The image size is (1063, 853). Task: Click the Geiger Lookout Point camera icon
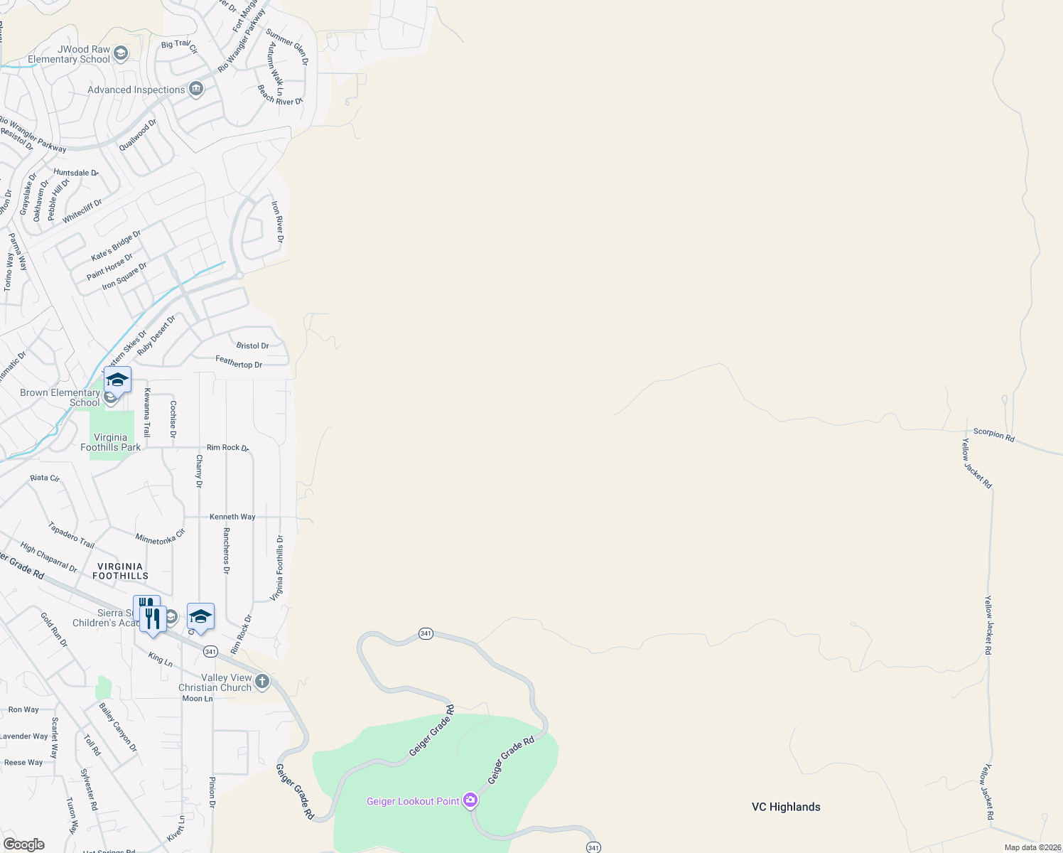click(x=470, y=800)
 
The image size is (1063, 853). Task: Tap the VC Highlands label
click(x=786, y=807)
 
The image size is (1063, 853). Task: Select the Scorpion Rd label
click(x=993, y=434)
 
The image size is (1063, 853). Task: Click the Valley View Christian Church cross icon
click(x=262, y=682)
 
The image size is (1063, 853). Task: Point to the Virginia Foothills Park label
click(x=111, y=442)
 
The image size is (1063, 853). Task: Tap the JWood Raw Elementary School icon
click(x=121, y=53)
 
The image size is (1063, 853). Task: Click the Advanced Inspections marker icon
click(x=196, y=90)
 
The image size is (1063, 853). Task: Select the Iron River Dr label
click(x=277, y=221)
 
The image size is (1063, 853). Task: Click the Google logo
click(x=24, y=844)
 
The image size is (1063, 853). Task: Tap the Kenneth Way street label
click(x=232, y=517)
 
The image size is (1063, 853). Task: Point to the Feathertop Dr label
click(x=239, y=363)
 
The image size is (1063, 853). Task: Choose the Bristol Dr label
click(x=252, y=345)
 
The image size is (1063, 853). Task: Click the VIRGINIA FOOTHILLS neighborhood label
click(x=120, y=572)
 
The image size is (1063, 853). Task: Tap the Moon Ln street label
click(x=198, y=699)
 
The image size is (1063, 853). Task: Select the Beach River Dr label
click(x=280, y=96)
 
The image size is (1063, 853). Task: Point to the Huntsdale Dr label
click(x=75, y=173)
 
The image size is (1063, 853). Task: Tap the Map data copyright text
click(x=1032, y=847)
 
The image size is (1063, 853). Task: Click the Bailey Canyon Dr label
click(x=118, y=727)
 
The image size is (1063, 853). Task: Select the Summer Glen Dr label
click(x=287, y=47)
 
